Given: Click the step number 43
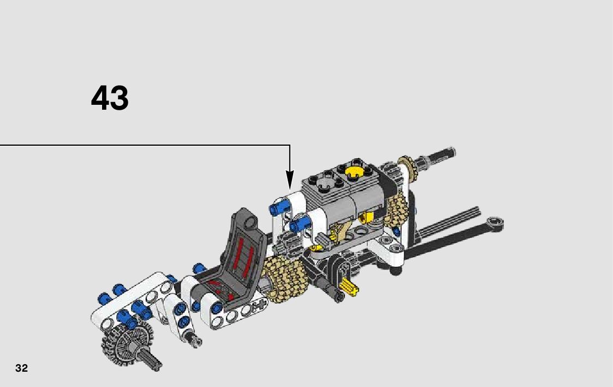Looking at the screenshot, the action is pyautogui.click(x=110, y=98).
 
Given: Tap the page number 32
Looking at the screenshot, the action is pyautogui.click(x=21, y=368).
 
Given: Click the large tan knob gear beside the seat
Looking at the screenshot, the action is pyautogui.click(x=284, y=278).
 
